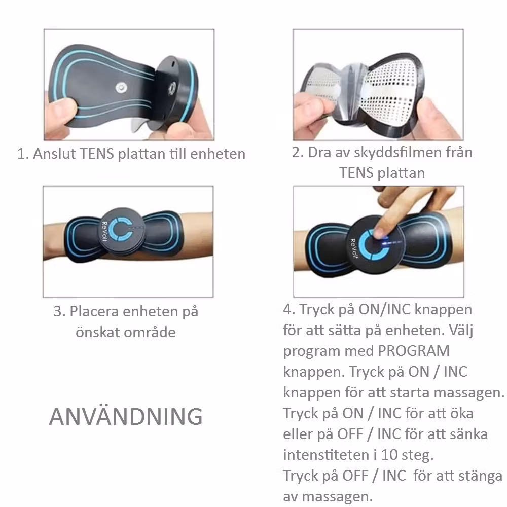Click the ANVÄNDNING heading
(x=126, y=416)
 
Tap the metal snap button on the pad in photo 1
(x=122, y=87)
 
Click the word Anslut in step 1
(x=54, y=154)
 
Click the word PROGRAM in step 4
(x=414, y=351)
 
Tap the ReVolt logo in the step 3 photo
(x=104, y=231)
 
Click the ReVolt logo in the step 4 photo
(x=354, y=248)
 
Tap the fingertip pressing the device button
(x=379, y=233)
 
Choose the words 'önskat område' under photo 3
(x=126, y=332)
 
